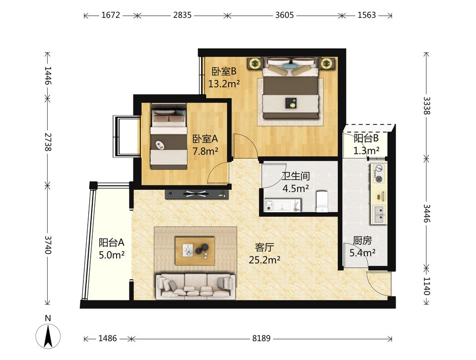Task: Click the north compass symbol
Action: tap(48, 335)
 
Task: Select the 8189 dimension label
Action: tap(261, 338)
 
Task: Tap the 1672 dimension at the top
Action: tap(111, 15)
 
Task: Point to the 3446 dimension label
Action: tap(427, 213)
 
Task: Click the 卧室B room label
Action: tap(224, 71)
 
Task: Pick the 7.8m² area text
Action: tap(205, 151)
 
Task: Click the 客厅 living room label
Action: tap(264, 247)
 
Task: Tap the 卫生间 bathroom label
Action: tap(296, 176)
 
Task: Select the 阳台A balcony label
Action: tap(112, 242)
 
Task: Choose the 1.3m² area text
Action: tap(366, 150)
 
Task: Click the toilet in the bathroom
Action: tap(322, 201)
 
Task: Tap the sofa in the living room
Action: tap(195, 286)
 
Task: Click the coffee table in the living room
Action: tap(195, 251)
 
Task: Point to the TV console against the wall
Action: tap(197, 194)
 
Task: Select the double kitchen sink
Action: tap(379, 214)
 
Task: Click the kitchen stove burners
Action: tap(378, 174)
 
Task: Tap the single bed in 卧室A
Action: tap(169, 136)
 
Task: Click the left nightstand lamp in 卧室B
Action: tap(254, 63)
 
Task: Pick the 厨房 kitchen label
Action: tap(362, 240)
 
